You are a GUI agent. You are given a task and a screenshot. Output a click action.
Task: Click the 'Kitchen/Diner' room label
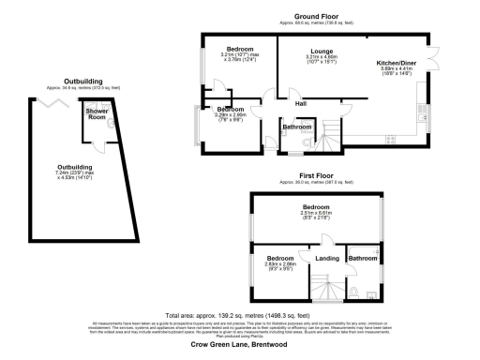(396, 52)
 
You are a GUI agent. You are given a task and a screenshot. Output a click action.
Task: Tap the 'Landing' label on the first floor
(327, 258)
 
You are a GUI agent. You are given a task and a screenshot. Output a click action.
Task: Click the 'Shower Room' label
(97, 114)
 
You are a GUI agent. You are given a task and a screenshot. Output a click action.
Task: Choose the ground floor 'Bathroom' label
(297, 127)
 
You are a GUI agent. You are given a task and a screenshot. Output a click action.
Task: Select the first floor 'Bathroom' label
(362, 258)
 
